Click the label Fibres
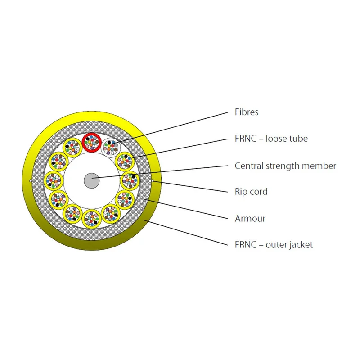246,112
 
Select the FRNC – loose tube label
271,139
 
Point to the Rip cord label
251,192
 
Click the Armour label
250,218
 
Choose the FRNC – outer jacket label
274,245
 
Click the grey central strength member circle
92,181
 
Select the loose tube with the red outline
92,142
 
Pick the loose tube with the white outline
111,148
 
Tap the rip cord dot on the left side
31,181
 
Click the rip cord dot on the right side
153,181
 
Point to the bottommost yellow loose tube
92,219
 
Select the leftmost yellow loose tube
54,181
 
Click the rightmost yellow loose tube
130,181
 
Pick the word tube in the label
297,139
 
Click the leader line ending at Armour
186,209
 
